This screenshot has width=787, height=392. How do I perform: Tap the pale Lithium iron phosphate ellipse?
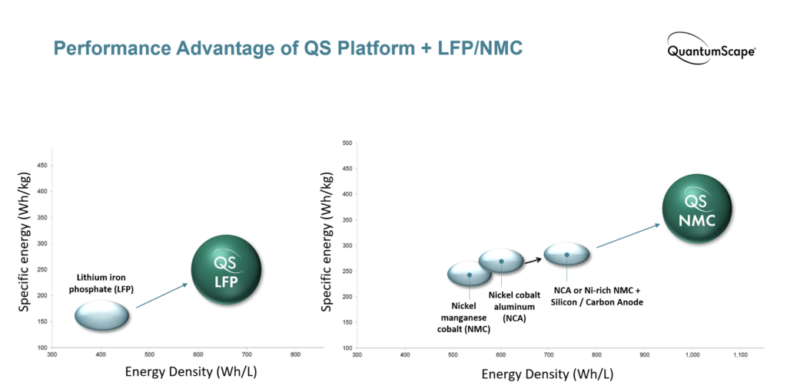[101, 315]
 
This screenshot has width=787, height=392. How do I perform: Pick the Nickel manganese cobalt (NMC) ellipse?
[470, 275]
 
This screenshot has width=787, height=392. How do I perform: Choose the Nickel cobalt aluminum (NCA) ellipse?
[501, 261]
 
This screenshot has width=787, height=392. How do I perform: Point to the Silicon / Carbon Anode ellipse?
[567, 254]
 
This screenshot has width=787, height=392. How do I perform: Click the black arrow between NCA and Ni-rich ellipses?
[533, 259]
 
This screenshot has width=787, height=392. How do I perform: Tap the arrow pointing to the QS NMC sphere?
[627, 236]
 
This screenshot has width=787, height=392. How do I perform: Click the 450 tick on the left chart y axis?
[43, 166]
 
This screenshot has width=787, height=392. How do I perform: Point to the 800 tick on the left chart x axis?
[295, 354]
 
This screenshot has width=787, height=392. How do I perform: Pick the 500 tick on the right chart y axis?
[347, 143]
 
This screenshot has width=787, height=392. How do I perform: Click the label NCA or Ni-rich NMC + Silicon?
[598, 291]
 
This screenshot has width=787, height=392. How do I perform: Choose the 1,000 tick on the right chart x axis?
[692, 354]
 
